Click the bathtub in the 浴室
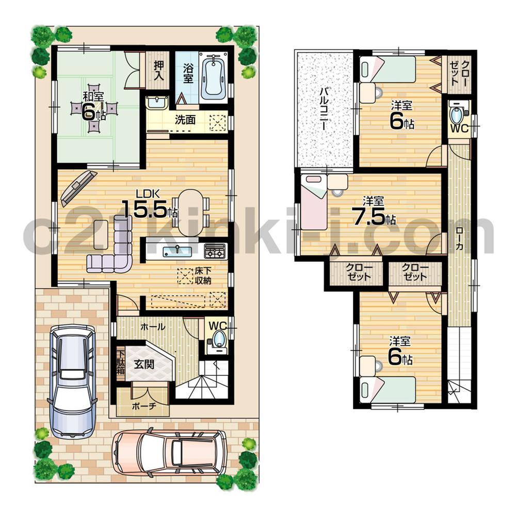(213, 77)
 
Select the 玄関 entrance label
(144, 364)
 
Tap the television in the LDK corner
(77, 187)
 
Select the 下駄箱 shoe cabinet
(120, 363)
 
